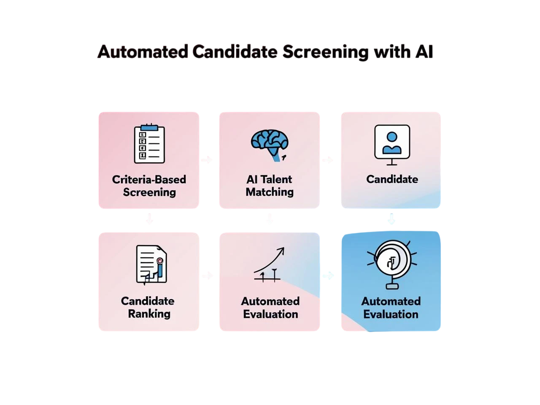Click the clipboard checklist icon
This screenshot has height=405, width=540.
[149, 144]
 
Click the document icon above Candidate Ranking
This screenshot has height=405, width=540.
[151, 265]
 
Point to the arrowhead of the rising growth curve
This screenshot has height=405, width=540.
[281, 250]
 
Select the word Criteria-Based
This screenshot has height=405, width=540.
[149, 179]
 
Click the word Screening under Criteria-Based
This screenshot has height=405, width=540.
[149, 192]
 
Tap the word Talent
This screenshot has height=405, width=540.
[276, 179]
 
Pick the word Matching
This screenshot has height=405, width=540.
[270, 192]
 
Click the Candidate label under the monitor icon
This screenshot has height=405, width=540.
[392, 179]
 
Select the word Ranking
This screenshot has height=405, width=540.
[149, 314]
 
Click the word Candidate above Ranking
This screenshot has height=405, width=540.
[147, 301]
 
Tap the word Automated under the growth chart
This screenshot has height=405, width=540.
[270, 301]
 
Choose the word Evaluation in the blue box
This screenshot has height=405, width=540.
[391, 314]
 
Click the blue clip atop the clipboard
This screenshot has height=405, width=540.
[149, 127]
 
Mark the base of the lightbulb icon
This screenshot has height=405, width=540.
[391, 286]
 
